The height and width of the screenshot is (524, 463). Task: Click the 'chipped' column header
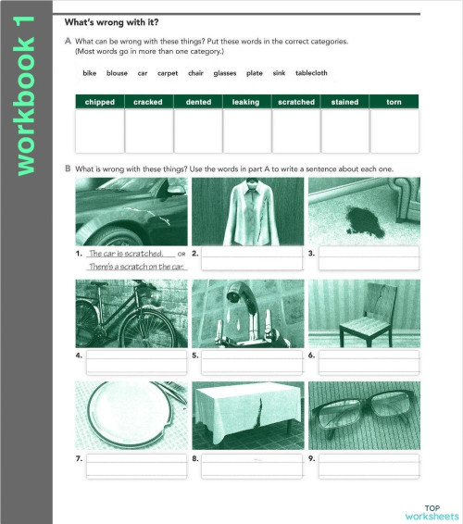coord(99,102)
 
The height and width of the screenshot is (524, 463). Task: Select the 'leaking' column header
coord(245,102)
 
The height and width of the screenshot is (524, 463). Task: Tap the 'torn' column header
coord(393,102)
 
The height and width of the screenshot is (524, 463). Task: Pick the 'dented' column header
coord(197,102)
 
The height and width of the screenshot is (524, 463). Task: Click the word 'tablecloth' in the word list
coord(311,72)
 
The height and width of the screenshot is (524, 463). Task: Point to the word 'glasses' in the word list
coord(225,72)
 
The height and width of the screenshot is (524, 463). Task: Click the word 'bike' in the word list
coord(89,72)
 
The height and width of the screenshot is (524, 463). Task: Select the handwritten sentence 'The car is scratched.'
coord(125,253)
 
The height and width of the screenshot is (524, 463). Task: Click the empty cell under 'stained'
coord(344,131)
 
